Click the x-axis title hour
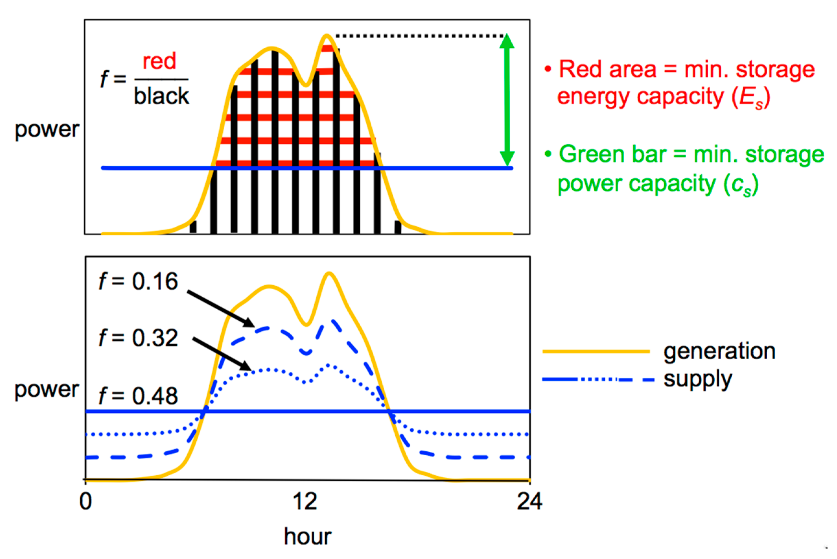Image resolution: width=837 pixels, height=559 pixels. pos(308,537)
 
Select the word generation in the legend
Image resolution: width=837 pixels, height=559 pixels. pos(719,351)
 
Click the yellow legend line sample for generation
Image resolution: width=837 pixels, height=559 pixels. pos(596,351)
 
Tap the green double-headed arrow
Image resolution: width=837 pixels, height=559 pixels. pos(507,100)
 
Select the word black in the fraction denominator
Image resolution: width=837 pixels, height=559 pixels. pos(162,96)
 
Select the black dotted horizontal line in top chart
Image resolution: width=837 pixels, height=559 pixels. pos(420,36)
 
